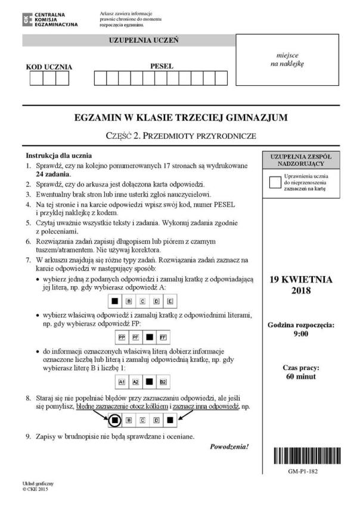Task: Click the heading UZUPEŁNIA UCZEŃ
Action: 129,41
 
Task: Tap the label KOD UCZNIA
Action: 49,67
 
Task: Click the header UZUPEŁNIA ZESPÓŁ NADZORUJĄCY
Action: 297,159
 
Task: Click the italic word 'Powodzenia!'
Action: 229,446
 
